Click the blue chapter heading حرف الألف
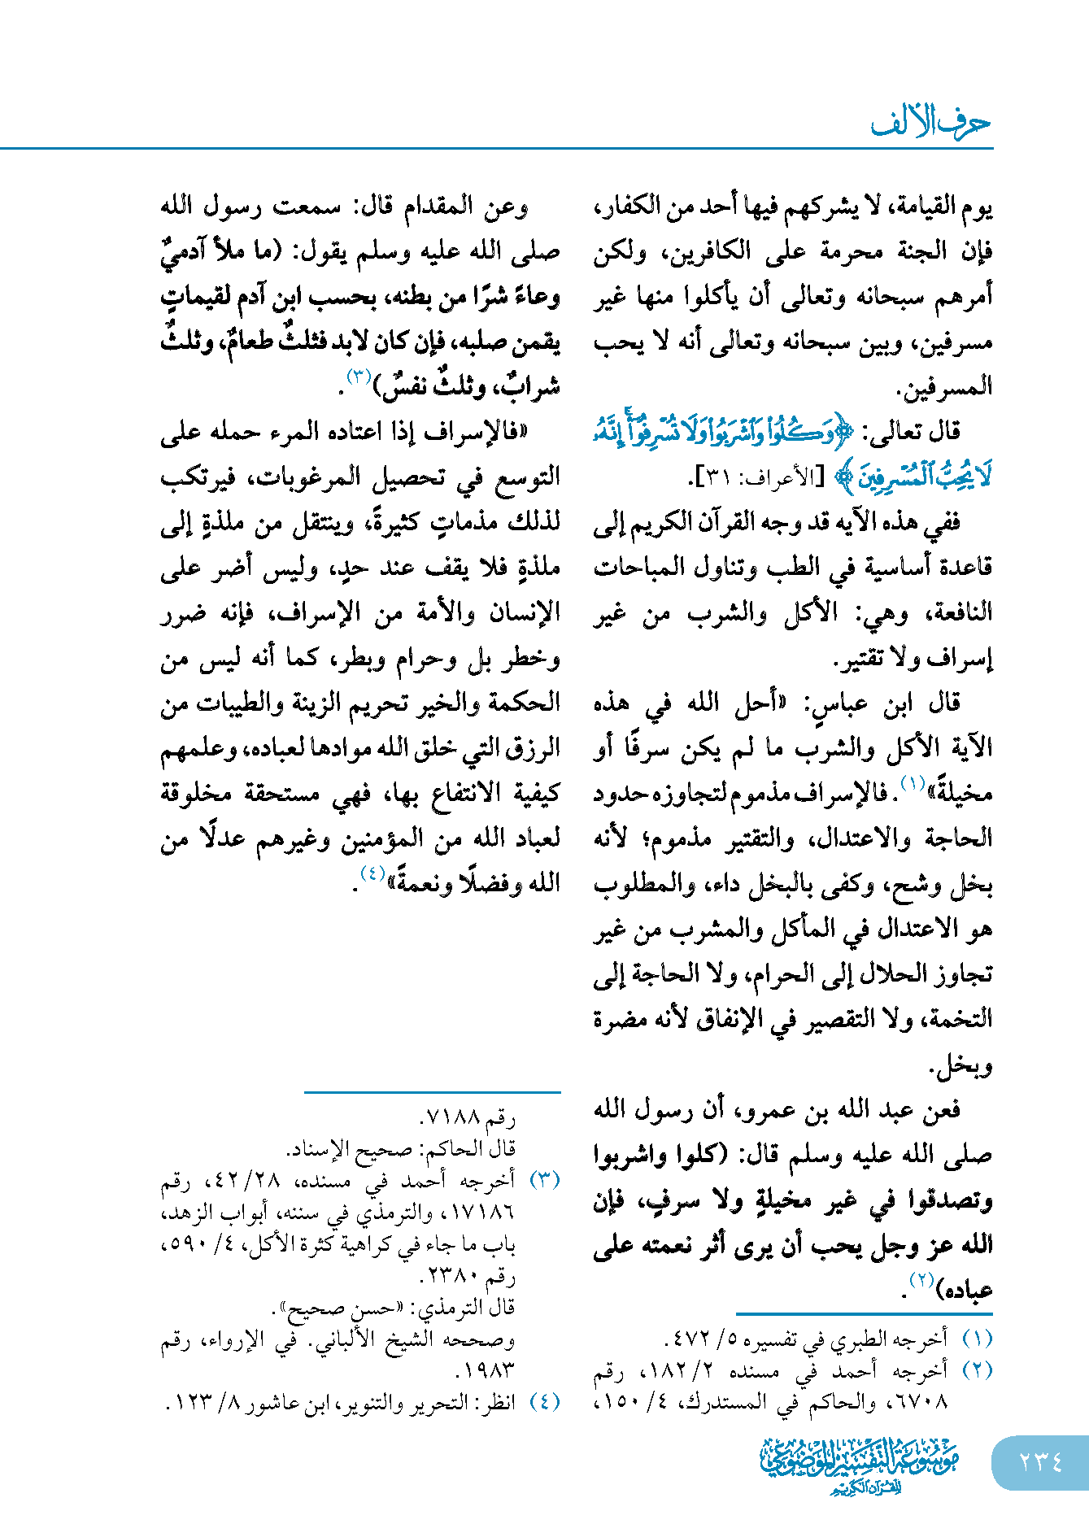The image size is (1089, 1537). click(x=930, y=123)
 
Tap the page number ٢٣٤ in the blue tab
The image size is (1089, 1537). click(x=1040, y=1462)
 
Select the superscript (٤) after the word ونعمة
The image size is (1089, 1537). click(x=372, y=874)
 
